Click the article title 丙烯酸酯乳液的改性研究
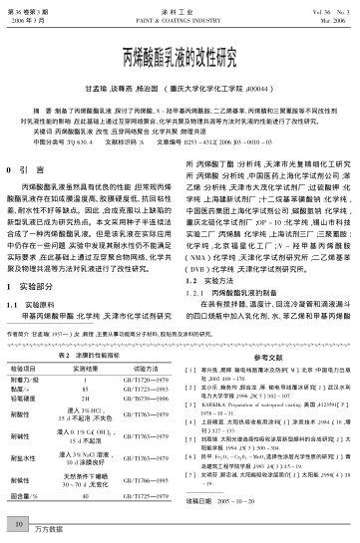(x=180, y=52)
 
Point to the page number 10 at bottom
(x=20, y=519)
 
